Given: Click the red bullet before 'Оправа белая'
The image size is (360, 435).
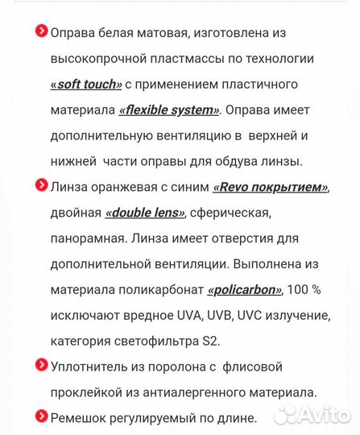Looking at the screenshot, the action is [41, 31].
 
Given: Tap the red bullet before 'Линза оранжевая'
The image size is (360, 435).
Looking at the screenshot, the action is [41, 186].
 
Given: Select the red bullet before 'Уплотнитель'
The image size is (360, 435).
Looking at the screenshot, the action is [41, 365].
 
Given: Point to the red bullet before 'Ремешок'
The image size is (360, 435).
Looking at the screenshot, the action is [41, 416].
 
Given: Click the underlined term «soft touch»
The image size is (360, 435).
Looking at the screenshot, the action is [86, 85].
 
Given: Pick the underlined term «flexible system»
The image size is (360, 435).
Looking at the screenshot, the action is [169, 110].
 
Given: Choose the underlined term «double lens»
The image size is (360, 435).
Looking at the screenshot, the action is [145, 213].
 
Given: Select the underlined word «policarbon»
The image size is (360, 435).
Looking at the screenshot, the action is [246, 291].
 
